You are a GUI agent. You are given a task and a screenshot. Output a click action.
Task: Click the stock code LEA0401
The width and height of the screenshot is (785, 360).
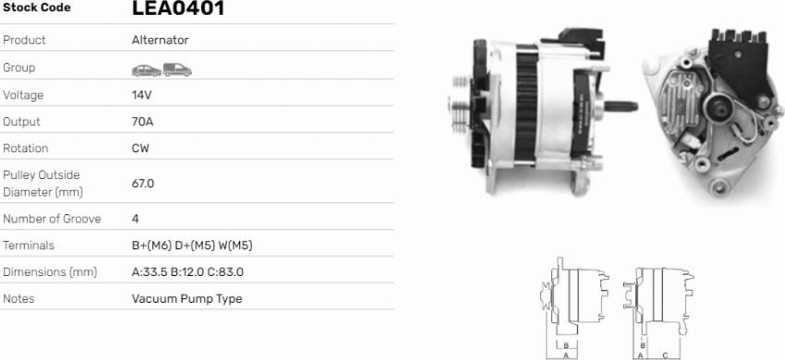(x=177, y=9)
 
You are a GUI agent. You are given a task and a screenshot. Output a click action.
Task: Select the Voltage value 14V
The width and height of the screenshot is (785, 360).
(x=143, y=95)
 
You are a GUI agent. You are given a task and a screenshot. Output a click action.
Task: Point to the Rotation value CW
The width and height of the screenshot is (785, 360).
(x=140, y=149)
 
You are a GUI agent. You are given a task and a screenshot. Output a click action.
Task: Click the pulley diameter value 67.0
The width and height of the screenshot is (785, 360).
(x=143, y=184)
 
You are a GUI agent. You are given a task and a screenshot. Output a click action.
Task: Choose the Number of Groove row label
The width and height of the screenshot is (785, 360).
(x=52, y=220)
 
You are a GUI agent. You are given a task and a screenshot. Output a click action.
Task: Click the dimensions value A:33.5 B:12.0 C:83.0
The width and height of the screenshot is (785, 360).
(x=187, y=272)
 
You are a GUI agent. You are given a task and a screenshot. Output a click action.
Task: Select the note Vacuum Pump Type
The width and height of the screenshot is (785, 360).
(x=187, y=299)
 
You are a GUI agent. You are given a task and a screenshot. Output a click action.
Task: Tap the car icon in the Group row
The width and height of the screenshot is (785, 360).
(x=145, y=69)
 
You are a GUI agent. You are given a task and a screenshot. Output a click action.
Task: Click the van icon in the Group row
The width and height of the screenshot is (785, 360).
(x=176, y=69)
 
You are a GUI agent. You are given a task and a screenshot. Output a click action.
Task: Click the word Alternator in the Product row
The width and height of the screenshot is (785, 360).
(x=160, y=41)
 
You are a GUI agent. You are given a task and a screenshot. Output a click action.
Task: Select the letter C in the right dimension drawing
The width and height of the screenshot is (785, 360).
(x=665, y=354)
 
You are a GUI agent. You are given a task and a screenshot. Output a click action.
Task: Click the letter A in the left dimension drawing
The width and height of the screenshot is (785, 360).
(x=564, y=354)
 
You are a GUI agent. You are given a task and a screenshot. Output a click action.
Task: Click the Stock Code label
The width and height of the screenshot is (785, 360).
(x=36, y=8)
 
